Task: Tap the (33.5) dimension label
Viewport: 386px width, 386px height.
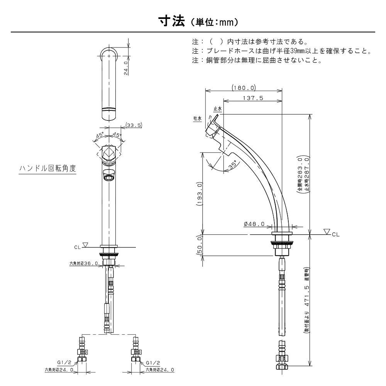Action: pos(134,125)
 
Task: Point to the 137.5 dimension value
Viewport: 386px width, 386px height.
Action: pos(253,98)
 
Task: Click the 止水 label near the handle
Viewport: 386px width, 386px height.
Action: pos(217,110)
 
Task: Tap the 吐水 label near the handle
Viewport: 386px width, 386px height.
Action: pos(198,119)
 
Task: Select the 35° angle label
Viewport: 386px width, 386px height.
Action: pos(232,165)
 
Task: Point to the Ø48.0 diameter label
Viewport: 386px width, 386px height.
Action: pos(254,224)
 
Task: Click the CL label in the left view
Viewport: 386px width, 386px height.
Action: pos(78,245)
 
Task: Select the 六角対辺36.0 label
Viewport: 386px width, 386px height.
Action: pos(83,263)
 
